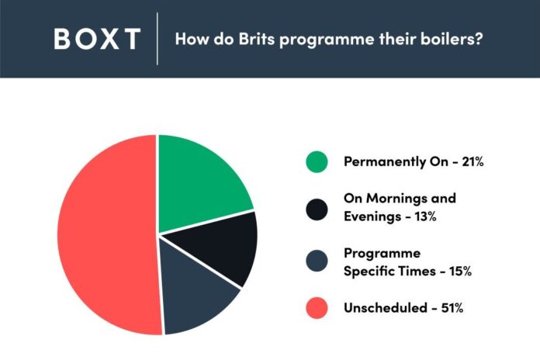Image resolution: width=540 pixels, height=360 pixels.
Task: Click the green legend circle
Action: (x=317, y=161)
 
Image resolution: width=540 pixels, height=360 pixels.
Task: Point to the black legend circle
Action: (x=317, y=209)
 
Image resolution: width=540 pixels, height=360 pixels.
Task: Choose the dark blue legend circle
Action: (x=317, y=261)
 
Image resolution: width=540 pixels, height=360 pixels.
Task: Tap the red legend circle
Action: (x=317, y=308)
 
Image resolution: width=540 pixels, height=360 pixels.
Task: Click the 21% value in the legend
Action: (x=472, y=161)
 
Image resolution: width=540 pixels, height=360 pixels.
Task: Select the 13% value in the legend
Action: (x=425, y=216)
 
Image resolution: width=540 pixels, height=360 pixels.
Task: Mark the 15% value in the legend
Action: (x=460, y=271)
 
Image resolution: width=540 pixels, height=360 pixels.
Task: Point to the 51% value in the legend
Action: (x=452, y=308)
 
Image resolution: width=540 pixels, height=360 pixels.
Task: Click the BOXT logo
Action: (x=97, y=39)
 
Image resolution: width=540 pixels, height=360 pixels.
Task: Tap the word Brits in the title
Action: (x=257, y=39)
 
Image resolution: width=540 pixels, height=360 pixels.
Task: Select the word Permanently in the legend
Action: (x=384, y=161)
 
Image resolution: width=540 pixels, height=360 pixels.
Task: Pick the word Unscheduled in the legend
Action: (x=386, y=308)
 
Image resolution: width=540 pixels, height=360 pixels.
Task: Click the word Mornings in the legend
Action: (x=396, y=199)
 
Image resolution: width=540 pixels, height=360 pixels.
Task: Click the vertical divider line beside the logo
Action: (x=157, y=39)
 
